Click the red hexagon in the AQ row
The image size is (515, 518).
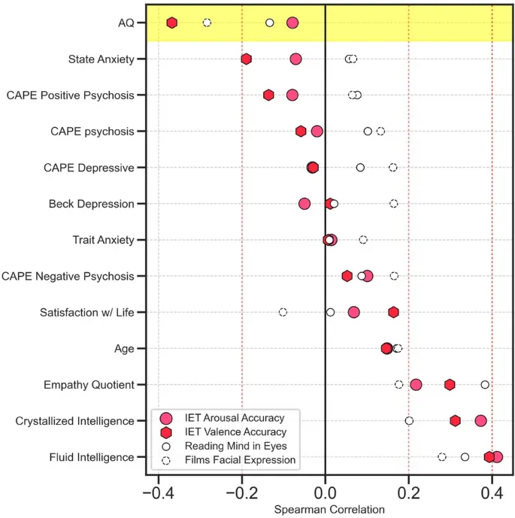[172, 23]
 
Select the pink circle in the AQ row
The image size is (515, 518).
[292, 23]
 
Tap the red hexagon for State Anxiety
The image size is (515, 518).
[246, 59]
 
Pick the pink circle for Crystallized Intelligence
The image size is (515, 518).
[481, 420]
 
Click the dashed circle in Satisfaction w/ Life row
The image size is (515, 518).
[283, 312]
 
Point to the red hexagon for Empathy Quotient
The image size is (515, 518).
[450, 384]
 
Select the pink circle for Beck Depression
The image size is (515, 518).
[304, 203]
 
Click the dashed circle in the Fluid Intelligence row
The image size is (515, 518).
[442, 456]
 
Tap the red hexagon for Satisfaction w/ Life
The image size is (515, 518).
[393, 312]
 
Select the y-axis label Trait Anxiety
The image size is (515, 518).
[103, 240]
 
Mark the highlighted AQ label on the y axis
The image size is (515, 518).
[126, 23]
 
